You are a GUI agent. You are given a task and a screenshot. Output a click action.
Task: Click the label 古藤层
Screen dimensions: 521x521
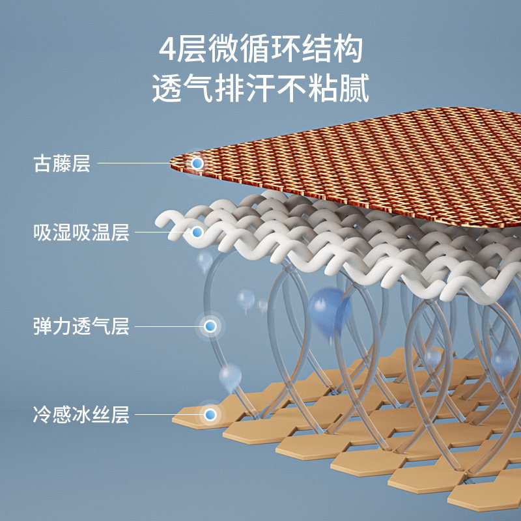(62, 163)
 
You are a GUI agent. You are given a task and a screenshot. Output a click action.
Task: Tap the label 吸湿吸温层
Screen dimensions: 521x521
(81, 232)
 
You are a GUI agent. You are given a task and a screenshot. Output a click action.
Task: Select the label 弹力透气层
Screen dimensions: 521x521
(81, 326)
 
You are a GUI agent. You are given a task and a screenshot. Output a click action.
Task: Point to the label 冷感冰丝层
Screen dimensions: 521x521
(81, 414)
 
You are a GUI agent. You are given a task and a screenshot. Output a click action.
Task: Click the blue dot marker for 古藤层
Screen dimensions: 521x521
(197, 163)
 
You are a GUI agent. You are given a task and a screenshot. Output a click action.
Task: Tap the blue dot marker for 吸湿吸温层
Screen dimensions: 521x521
(197, 232)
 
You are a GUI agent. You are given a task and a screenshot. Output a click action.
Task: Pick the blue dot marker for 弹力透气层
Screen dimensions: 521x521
(210, 326)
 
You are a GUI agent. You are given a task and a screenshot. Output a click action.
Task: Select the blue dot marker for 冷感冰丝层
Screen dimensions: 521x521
(210, 414)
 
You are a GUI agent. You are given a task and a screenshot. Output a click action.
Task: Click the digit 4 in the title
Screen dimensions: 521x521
(168, 50)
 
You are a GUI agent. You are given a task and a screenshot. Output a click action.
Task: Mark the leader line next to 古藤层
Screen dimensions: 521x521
(143, 163)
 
